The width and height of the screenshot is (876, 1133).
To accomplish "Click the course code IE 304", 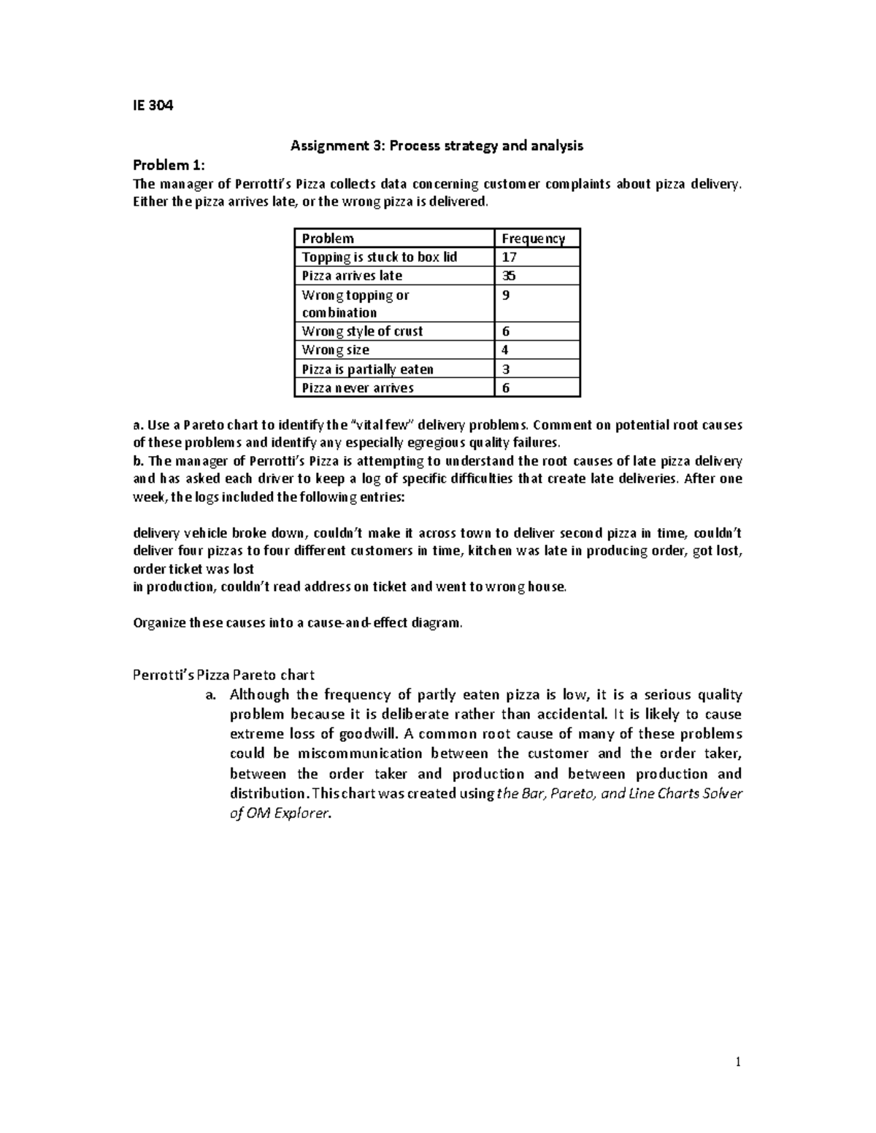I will (x=153, y=106).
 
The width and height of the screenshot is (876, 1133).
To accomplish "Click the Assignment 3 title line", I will (x=437, y=145).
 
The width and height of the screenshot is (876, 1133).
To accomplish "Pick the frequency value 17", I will (x=509, y=257).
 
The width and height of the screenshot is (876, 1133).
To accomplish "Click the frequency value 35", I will (x=509, y=276).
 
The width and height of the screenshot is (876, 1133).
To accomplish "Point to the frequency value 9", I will (x=506, y=295).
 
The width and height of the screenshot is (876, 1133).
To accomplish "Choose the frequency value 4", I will (x=506, y=350).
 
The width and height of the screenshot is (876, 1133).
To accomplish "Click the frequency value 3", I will (x=506, y=369).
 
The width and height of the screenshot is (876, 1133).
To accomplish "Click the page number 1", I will (x=738, y=1063).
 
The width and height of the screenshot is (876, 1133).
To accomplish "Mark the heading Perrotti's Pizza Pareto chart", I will (x=223, y=675).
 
